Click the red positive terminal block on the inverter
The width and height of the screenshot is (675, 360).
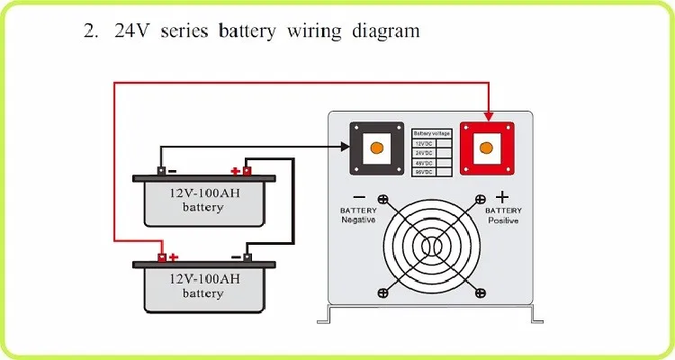point(487,147)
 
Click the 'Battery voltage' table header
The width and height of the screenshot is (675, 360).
point(432,132)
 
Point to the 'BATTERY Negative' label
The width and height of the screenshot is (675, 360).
point(358,215)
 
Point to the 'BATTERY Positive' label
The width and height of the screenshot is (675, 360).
point(502,215)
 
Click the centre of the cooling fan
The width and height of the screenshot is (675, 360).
point(432,245)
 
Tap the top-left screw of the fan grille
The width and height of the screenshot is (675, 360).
point(382,200)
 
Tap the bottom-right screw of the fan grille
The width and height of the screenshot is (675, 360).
point(481,292)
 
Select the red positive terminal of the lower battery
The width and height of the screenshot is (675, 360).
point(162,257)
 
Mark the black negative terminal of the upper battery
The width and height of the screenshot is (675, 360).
point(161,170)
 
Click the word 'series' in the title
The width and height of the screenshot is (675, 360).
point(183,31)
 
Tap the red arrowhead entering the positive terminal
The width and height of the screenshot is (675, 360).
point(487,113)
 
